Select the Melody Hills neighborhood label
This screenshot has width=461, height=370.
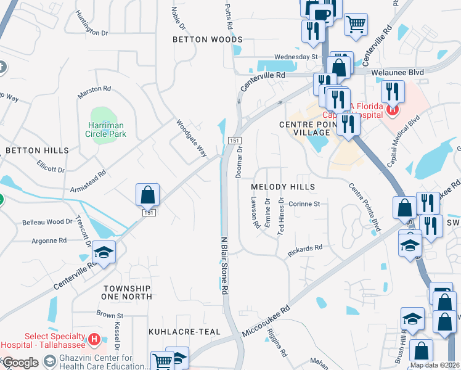284,187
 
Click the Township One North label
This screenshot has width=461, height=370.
128,292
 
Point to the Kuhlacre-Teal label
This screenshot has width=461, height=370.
184,332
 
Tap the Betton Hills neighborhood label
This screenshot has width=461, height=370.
37,150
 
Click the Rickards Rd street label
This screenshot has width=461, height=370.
305,250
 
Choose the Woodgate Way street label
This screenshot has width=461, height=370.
191,138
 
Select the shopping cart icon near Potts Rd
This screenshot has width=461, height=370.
356,25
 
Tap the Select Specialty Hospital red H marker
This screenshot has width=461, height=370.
94,339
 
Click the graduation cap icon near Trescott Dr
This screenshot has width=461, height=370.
104,252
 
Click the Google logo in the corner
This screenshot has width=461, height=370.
20,363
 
